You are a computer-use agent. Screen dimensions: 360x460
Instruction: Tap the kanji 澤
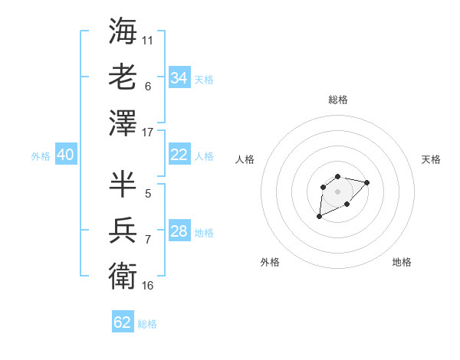click(x=123, y=122)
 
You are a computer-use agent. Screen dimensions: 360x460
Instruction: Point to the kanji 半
click(x=123, y=184)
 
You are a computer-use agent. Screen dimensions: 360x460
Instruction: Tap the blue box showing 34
click(x=179, y=77)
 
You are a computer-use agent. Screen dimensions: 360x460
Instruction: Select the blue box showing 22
click(x=179, y=155)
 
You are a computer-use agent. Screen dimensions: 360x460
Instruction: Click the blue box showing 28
click(x=179, y=231)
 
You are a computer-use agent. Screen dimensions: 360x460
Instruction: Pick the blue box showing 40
click(x=65, y=155)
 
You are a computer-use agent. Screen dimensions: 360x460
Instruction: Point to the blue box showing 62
click(x=123, y=322)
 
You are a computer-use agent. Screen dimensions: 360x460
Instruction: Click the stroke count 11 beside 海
click(x=148, y=40)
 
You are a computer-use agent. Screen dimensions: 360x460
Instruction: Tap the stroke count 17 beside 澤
click(x=148, y=132)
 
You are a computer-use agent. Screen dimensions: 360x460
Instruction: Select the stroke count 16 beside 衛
click(x=148, y=285)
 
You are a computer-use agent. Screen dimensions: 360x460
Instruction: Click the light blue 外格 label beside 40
click(x=41, y=156)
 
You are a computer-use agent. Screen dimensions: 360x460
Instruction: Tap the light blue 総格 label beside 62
click(x=147, y=324)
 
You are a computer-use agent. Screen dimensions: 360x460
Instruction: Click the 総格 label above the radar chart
click(x=338, y=100)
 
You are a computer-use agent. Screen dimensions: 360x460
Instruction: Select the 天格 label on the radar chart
click(x=431, y=159)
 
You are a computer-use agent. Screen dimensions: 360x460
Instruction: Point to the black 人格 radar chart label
click(x=245, y=159)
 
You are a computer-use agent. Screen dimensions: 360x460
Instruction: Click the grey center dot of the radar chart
click(x=337, y=191)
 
